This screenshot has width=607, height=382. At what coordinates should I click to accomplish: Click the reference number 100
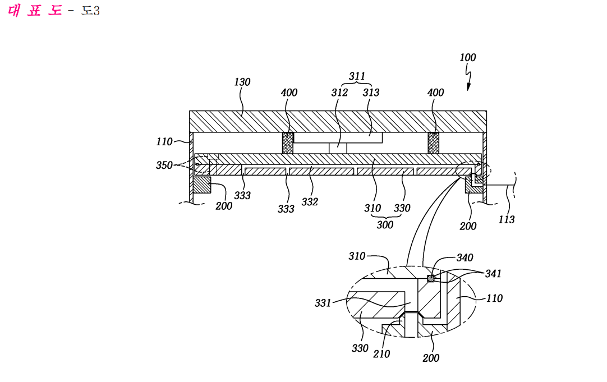468,58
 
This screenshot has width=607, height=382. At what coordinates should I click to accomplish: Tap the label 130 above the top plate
242,82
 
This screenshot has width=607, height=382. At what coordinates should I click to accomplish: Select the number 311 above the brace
357,76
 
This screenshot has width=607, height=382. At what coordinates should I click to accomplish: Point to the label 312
339,93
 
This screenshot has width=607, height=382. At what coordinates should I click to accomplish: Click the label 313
371,93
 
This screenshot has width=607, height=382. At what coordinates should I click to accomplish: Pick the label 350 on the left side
164,165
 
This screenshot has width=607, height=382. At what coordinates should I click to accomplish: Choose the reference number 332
310,201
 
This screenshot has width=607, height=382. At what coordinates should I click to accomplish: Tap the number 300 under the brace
385,225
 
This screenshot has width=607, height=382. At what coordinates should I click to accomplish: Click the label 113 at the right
507,219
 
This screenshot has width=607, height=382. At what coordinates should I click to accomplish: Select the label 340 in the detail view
465,258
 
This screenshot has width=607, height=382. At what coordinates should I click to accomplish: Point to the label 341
493,274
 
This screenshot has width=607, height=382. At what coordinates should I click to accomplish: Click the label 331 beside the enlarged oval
323,303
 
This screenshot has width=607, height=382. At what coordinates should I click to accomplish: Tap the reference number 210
381,354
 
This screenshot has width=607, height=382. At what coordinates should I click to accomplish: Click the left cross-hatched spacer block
288,143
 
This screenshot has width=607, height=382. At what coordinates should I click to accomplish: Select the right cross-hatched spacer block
434,143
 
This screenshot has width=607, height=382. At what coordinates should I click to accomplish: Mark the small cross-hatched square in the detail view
430,278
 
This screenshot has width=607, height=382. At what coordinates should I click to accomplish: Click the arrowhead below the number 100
468,87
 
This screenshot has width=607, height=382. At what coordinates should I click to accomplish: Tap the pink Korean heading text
35,10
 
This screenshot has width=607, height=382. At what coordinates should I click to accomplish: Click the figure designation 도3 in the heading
90,11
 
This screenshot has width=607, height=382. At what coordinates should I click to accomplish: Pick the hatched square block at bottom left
202,185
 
